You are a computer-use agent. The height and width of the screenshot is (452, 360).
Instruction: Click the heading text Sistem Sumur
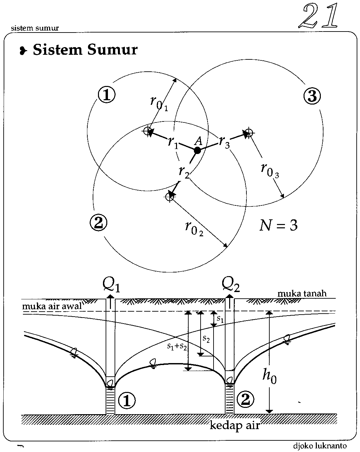coord(85,50)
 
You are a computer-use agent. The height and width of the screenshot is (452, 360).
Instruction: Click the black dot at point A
coord(197,150)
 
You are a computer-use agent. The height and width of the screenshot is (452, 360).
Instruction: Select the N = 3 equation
coord(278,226)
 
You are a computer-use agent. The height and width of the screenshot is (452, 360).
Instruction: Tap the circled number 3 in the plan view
coord(312,96)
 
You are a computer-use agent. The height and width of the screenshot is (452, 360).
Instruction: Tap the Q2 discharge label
coord(230,284)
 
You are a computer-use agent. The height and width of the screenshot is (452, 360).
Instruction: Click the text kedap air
coord(234,425)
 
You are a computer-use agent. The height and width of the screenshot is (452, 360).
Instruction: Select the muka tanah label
coord(302,293)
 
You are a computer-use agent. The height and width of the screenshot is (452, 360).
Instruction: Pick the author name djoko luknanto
coord(320,446)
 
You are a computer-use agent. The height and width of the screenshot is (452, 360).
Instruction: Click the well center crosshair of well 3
coord(249,132)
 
